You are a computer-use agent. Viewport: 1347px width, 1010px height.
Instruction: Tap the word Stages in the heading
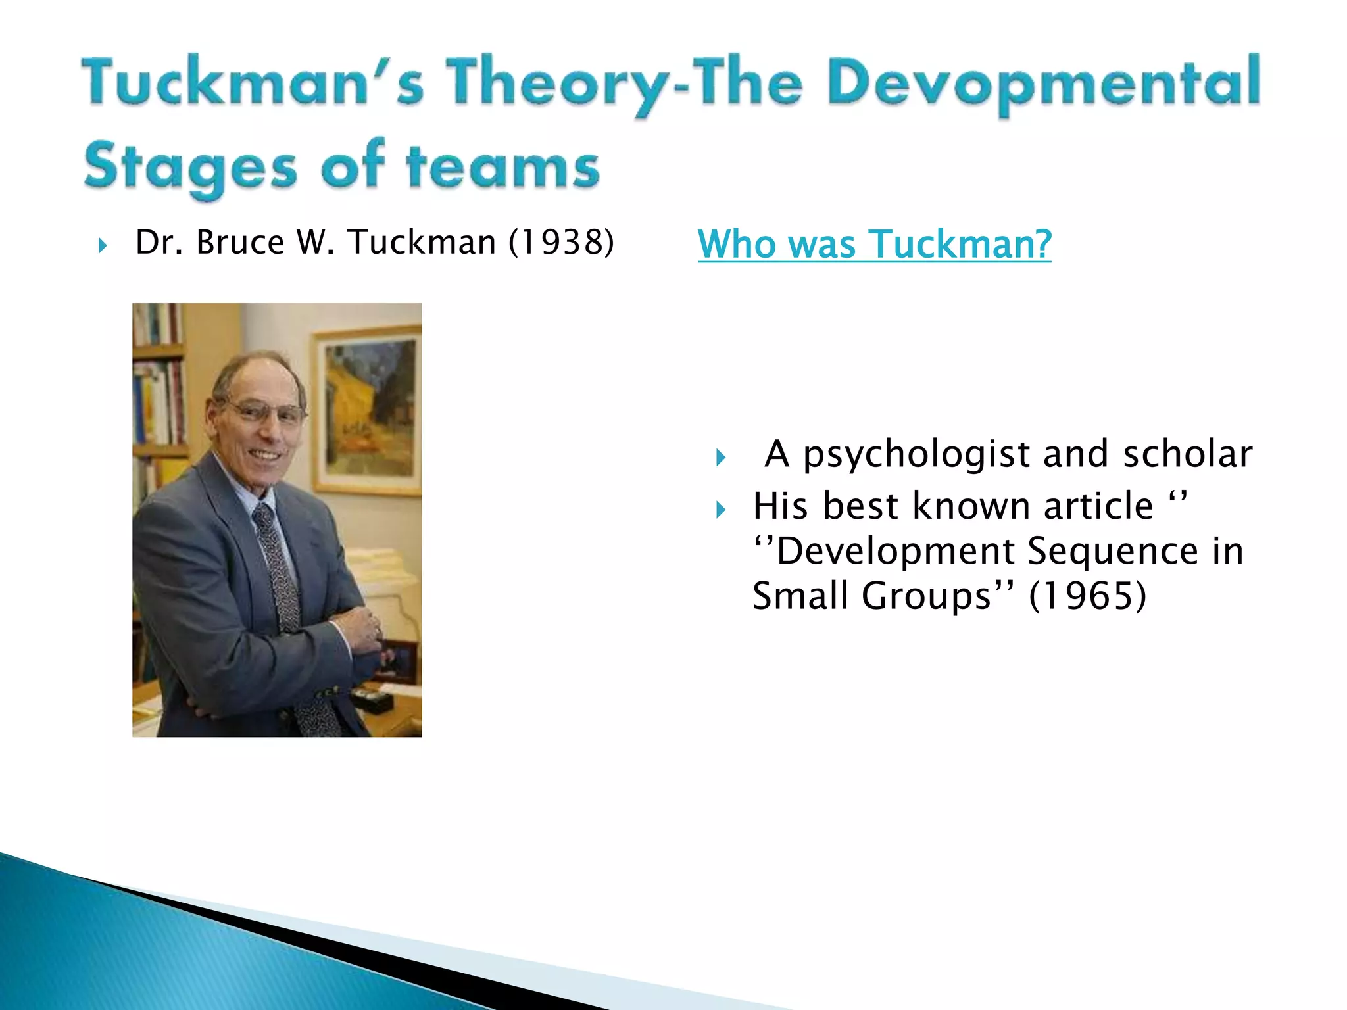191,167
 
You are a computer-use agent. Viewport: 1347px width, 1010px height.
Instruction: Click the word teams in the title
503,166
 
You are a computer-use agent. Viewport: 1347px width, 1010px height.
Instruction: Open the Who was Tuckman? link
874,244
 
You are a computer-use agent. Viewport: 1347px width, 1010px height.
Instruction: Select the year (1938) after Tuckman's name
561,242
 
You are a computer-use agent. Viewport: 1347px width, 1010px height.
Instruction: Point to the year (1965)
1087,596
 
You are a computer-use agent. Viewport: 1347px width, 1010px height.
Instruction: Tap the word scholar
1187,454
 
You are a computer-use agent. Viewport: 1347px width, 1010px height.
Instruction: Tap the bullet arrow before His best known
721,510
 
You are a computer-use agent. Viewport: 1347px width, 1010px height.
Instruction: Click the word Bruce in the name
240,242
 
